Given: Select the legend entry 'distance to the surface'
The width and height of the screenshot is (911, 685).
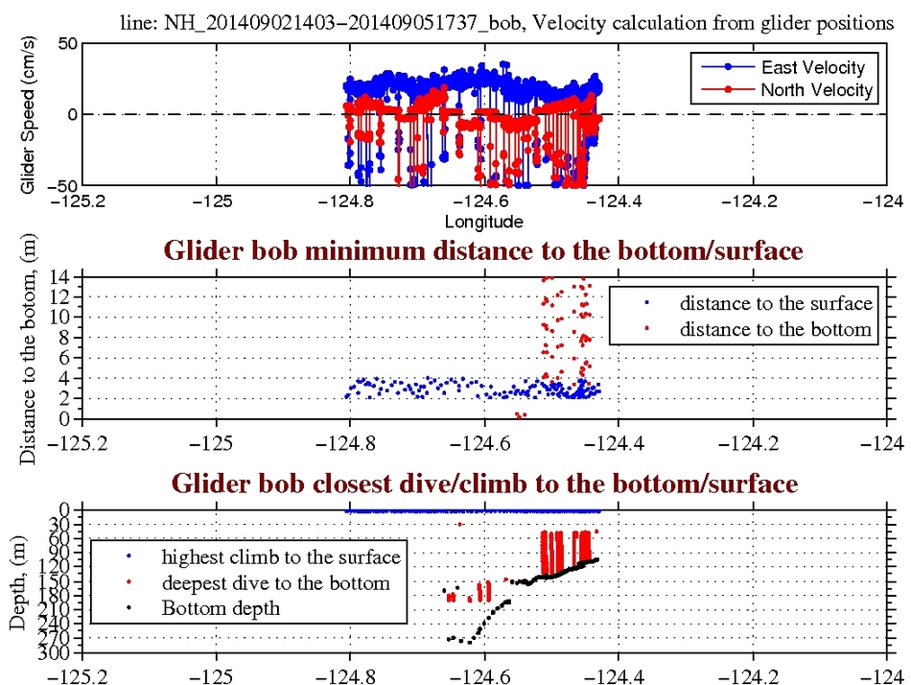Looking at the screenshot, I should pyautogui.click(x=776, y=304).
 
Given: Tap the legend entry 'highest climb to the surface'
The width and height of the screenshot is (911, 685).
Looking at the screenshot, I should pyautogui.click(x=280, y=556).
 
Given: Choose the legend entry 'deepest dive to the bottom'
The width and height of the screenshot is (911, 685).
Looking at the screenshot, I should pyautogui.click(x=275, y=582).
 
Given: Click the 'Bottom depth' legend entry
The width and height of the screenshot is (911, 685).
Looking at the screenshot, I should pyautogui.click(x=221, y=607).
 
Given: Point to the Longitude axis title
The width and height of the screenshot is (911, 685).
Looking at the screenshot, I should pyautogui.click(x=483, y=223).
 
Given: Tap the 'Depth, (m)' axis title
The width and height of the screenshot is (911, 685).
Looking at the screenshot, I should pyautogui.click(x=18, y=582).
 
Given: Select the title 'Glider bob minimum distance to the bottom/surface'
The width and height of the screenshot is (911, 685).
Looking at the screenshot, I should pyautogui.click(x=483, y=251).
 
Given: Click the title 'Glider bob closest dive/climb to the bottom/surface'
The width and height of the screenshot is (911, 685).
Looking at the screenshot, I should pyautogui.click(x=483, y=484).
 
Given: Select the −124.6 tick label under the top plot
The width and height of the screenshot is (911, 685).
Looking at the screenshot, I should pyautogui.click(x=483, y=203).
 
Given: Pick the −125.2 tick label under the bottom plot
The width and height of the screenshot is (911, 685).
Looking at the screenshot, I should pyautogui.click(x=81, y=673).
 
